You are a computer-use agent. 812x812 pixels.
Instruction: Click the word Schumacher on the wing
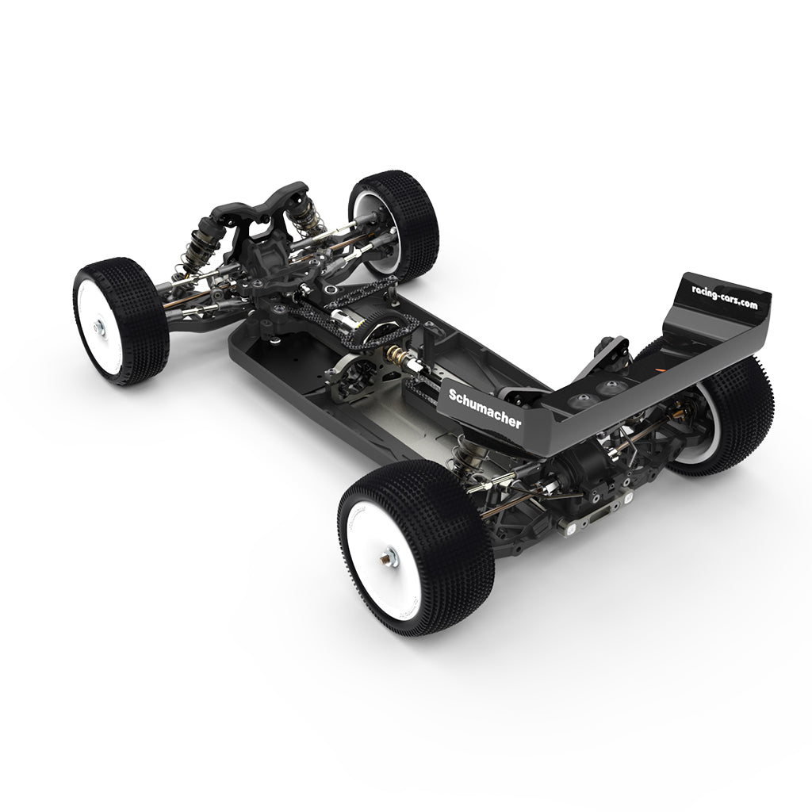485,408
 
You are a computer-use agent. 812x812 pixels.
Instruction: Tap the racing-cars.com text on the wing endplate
719,298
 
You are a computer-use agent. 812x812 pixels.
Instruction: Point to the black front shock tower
266,207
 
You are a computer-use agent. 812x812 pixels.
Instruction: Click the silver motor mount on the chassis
354,376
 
